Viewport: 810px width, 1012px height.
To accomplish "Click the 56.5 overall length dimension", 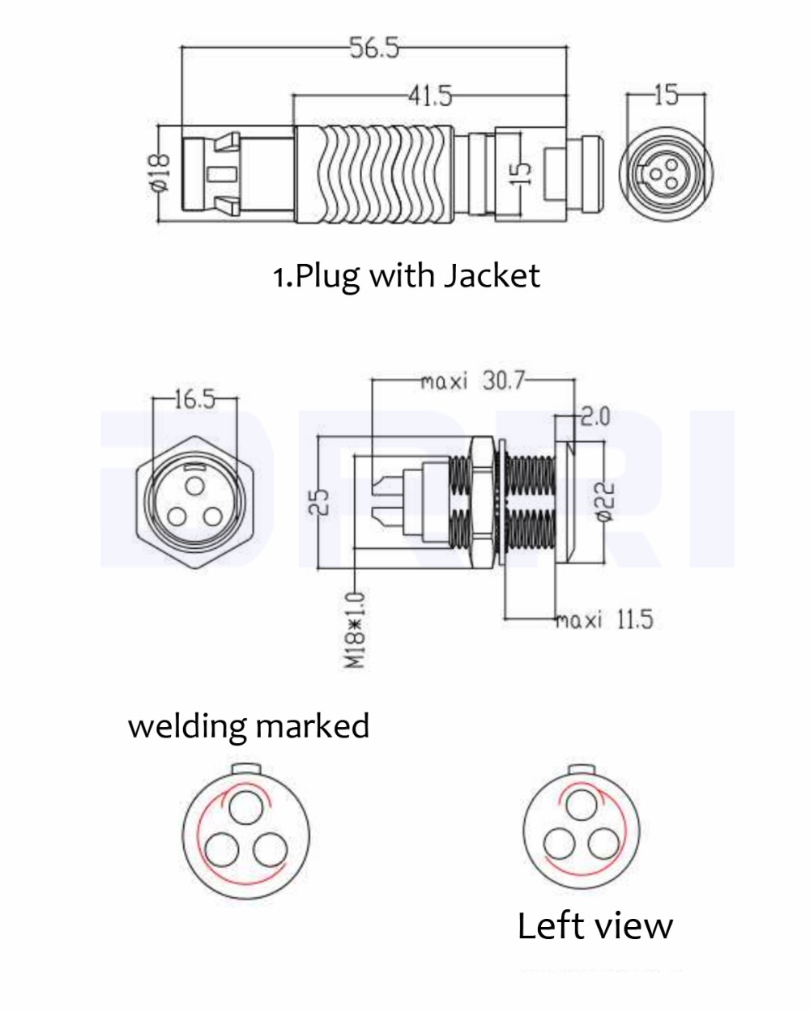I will coord(373,49).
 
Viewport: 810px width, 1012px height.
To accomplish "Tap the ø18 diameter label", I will coord(160,171).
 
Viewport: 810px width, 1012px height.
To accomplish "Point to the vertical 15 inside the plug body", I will coord(522,172).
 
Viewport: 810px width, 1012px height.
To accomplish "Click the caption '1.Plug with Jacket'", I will coord(405,276).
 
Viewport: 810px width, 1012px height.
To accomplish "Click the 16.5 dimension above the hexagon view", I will coord(194,398).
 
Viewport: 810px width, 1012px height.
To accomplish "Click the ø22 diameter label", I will coord(608,503).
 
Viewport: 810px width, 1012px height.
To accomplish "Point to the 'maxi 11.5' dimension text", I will coord(604,620).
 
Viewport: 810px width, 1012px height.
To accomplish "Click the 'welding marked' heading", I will coord(248,725).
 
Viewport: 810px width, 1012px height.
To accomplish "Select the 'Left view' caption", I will coord(595,925).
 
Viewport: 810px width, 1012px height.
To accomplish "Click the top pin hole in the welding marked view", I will coord(245,807).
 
